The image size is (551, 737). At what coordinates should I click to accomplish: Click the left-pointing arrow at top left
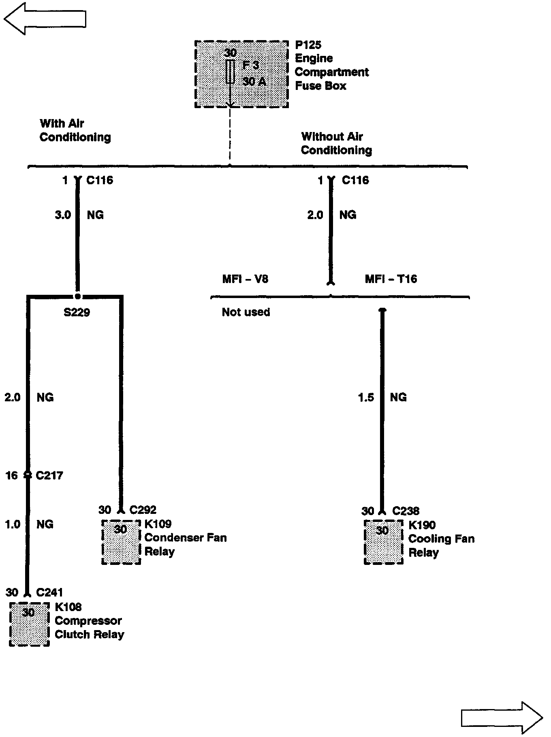coord(45,19)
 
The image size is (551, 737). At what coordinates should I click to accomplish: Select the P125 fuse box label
coord(308,45)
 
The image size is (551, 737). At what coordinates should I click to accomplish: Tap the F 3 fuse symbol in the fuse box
coord(230,72)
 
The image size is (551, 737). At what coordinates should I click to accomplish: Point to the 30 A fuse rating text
coord(254,82)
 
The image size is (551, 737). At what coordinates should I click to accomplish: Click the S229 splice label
coord(77,312)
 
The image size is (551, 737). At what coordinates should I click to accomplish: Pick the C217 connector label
coord(49,475)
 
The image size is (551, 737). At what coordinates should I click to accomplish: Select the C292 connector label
coord(143,510)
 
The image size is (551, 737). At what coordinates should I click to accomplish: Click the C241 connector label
coord(49,593)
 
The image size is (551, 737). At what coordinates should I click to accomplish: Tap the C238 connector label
coord(406,511)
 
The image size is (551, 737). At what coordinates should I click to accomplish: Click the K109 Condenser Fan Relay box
coord(121,542)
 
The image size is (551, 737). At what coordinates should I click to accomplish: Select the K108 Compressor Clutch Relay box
coord(29,624)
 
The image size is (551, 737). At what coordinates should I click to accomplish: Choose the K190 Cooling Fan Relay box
coord(383,542)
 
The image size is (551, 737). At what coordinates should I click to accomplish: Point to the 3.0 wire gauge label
coord(63,215)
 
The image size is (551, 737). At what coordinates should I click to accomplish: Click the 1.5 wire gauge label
coord(366,398)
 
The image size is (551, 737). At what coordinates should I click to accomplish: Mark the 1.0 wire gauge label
coord(12,525)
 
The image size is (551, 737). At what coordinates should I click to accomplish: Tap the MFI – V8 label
coord(245,279)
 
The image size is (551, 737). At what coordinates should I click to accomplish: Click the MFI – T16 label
coord(391,279)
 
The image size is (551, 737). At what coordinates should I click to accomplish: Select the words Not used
coord(246,312)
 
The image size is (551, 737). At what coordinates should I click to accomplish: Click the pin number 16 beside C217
coord(12,475)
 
